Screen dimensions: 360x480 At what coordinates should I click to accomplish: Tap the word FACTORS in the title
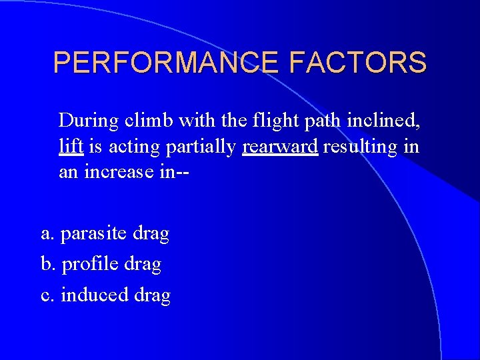[358, 63]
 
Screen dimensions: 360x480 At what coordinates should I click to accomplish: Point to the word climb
[147, 121]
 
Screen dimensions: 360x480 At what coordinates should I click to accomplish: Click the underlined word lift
[71, 146]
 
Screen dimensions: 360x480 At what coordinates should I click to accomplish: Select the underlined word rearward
[280, 147]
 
